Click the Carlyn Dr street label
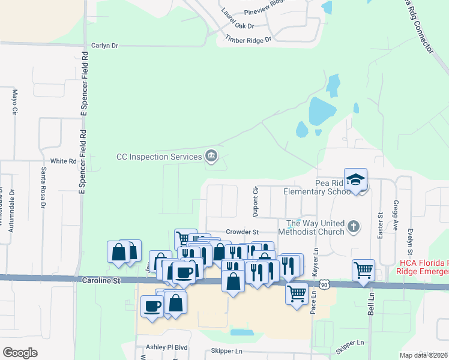[105, 46]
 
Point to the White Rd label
[64, 161]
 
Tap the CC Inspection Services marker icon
[211, 156]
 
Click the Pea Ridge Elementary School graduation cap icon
[356, 179]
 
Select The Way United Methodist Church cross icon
[354, 227]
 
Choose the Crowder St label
[242, 232]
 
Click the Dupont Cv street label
[255, 200]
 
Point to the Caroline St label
[97, 280]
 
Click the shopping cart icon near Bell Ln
[363, 270]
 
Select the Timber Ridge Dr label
[249, 40]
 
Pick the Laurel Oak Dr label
[238, 19]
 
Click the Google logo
[20, 352]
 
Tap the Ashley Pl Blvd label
[167, 347]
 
